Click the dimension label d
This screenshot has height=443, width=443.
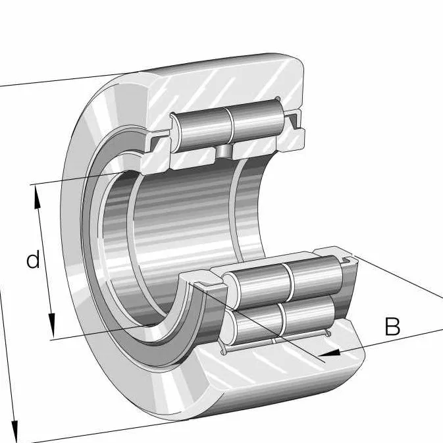(x=33, y=260)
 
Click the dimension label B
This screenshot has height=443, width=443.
(x=392, y=326)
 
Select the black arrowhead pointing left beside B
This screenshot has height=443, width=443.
(x=332, y=353)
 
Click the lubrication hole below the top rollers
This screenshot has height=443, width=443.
(x=226, y=151)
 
